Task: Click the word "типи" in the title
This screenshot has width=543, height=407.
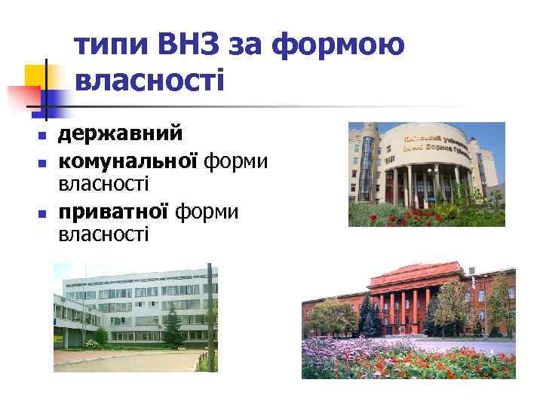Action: click(x=112, y=47)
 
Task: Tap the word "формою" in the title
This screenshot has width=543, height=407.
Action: click(x=339, y=47)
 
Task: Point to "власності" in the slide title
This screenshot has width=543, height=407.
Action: click(x=150, y=79)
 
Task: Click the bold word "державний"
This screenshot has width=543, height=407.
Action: click(x=121, y=135)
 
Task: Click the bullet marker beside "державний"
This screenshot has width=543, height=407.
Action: click(x=42, y=136)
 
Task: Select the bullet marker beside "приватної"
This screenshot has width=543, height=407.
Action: click(x=42, y=215)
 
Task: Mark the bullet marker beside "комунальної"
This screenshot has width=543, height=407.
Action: click(x=42, y=163)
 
